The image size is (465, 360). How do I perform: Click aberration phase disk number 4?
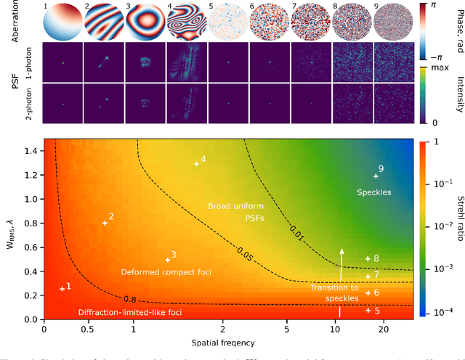pos(187,22)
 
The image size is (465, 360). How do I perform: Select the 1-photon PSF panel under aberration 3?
pos(145,62)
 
